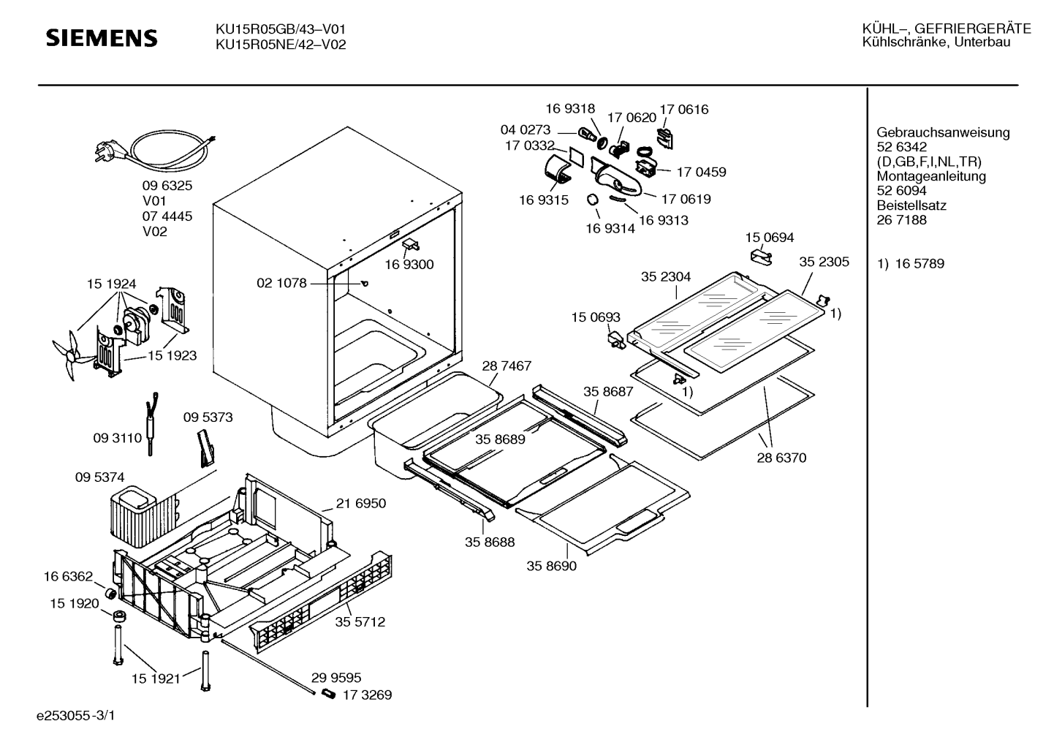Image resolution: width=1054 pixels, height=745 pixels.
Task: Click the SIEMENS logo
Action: pos(102,38)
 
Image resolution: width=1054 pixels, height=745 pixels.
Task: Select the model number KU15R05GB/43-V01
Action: pos(281,29)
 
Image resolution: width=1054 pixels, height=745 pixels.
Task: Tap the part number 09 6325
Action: pos(167,186)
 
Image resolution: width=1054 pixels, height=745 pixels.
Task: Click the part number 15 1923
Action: pos(172,355)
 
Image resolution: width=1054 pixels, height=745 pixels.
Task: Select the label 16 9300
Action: pos(409,265)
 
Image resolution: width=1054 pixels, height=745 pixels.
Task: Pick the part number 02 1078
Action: pos(281,283)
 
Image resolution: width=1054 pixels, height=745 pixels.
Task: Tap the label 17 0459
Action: pos(701,172)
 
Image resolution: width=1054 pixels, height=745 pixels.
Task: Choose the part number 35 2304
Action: pos(666,277)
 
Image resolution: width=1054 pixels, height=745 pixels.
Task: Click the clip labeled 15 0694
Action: pos(761,257)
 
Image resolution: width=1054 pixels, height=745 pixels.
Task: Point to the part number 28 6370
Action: pos(781,458)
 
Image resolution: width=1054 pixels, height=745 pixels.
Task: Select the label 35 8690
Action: pos(551,566)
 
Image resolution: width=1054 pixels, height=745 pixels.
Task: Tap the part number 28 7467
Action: pos(507,366)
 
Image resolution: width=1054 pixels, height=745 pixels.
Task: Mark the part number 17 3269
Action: pos(367,695)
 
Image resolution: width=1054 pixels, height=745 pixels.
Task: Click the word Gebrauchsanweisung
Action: pos(943,133)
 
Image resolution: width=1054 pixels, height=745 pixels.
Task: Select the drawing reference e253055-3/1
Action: pos(76,716)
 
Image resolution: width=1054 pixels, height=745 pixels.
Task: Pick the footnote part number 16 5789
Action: pos(920,263)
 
